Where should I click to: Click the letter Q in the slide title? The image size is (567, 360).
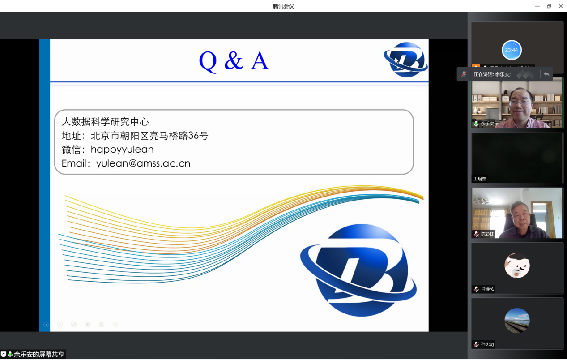coord(208,61)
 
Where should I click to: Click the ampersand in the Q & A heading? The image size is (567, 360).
coord(233,61)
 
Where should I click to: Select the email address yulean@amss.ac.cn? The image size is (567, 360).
coord(143,163)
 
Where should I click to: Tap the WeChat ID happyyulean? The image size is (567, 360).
coord(122,150)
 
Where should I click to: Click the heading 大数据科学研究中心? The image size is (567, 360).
coord(105,122)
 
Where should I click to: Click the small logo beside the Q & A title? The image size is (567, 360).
coord(405,60)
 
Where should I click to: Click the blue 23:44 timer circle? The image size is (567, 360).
coord(512,50)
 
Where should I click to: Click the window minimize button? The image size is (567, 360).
coord(537,6)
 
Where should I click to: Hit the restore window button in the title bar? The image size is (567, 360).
coord(549,6)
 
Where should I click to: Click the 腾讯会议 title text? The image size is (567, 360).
coord(283,6)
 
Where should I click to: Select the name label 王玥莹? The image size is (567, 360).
coord(480,179)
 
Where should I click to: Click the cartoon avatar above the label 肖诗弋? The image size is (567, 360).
coord(517,266)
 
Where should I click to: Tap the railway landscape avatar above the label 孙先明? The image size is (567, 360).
coord(517,321)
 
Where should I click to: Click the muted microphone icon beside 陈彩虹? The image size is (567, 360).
coord(477,234)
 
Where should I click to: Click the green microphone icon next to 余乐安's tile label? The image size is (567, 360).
coord(477,124)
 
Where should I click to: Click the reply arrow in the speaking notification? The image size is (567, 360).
coord(546,74)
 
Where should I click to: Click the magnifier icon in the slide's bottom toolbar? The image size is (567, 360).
coord(102,325)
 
